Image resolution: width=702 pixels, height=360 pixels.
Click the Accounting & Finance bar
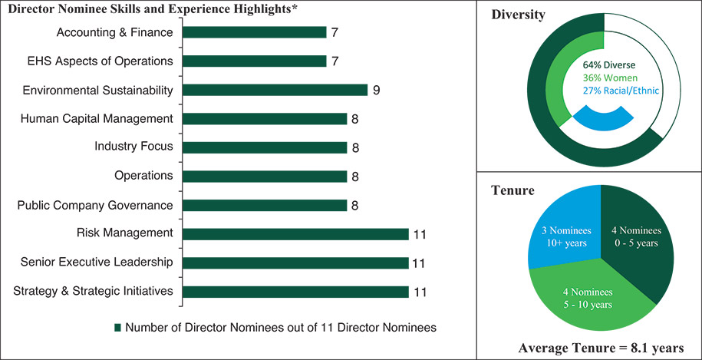pyautogui.click(x=255, y=32)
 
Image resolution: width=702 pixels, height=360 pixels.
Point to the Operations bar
pyautogui.click(x=265, y=177)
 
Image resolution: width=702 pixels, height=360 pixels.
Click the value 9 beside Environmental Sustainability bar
pyautogui.click(x=377, y=90)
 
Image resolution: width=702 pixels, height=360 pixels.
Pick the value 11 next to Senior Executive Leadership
pyautogui.click(x=419, y=263)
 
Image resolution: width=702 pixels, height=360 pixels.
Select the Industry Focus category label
pyautogui.click(x=133, y=147)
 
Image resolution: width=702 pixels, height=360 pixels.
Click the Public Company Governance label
pyautogui.click(x=94, y=205)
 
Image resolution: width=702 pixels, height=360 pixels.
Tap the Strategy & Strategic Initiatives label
pyautogui.click(x=94, y=291)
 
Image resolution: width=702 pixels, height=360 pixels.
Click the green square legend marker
pyautogui.click(x=118, y=327)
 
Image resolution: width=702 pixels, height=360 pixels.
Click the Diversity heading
pyautogui.click(x=519, y=15)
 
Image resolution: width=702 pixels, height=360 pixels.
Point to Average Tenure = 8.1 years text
pyautogui.click(x=600, y=347)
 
